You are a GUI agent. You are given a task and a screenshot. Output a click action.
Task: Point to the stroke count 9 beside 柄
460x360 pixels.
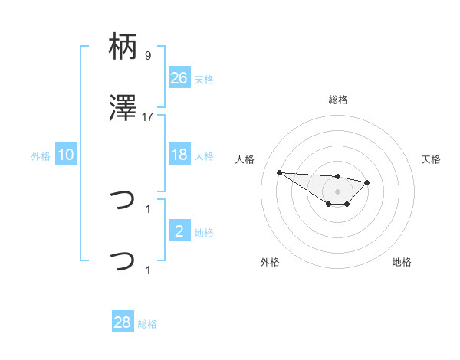coord(148,55)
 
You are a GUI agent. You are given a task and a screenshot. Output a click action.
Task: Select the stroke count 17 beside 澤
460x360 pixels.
coord(148,116)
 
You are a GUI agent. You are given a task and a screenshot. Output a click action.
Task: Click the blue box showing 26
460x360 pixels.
coord(179,78)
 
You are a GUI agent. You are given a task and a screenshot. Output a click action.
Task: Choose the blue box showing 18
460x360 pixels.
coord(179,155)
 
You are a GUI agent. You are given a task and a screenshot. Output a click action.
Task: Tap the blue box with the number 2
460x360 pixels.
coord(179,231)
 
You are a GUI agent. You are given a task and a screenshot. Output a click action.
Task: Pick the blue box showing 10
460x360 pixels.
coord(66,155)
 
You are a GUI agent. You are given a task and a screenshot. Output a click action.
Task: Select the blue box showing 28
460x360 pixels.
coord(122,322)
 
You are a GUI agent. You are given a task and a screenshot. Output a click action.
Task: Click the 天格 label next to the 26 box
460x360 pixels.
coord(204,80)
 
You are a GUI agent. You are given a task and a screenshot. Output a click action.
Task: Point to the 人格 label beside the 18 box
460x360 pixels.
coord(204,156)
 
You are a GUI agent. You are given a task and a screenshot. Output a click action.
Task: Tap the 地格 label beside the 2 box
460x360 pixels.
coord(204,233)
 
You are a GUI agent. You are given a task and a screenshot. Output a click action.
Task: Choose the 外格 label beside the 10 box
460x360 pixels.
coord(41,156)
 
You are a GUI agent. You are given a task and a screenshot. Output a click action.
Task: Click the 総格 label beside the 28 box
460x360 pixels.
coord(147,324)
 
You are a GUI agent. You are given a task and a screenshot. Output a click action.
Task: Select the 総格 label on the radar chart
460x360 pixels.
coord(337,100)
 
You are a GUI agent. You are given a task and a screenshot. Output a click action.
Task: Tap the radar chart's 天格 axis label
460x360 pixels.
coord(432,159)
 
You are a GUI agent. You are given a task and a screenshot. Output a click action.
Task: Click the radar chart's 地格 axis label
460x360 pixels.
coord(402,262)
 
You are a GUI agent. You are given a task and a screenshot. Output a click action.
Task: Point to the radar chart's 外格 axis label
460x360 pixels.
coord(270,262)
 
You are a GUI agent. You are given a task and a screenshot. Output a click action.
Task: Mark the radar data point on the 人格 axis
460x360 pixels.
coord(279,172)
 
